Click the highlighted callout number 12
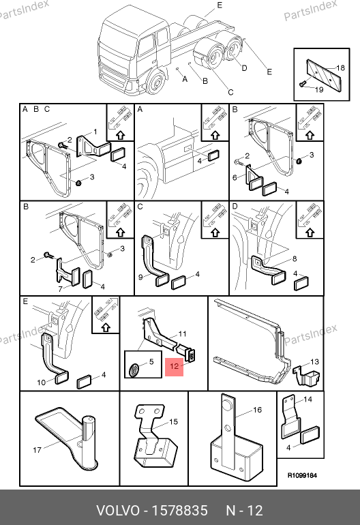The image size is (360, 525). coord(174,366)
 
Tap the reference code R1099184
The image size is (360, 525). coord(302,475)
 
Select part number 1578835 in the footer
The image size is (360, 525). coord(180,511)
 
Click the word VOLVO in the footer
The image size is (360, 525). coord(117,511)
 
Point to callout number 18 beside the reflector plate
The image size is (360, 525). coord(340,68)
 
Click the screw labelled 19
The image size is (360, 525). coord(303,84)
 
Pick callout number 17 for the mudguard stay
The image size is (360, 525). coord(37,450)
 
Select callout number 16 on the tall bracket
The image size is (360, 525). coord(257,410)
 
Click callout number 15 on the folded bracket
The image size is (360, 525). coord(173,421)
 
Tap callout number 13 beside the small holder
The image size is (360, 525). coord(314,361)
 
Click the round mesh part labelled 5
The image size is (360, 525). coord(134,370)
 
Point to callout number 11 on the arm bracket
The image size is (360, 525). coord(182,334)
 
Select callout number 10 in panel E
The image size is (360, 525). coord(41,382)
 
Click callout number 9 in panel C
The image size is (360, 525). coord(140,277)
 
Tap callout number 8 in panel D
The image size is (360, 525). coord(295,259)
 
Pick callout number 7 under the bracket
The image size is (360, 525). coord(60,288)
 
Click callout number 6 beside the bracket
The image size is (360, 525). coord(235,177)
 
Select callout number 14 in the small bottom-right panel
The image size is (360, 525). coord(307,399)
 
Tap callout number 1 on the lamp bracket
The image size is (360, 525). coord(95,132)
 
